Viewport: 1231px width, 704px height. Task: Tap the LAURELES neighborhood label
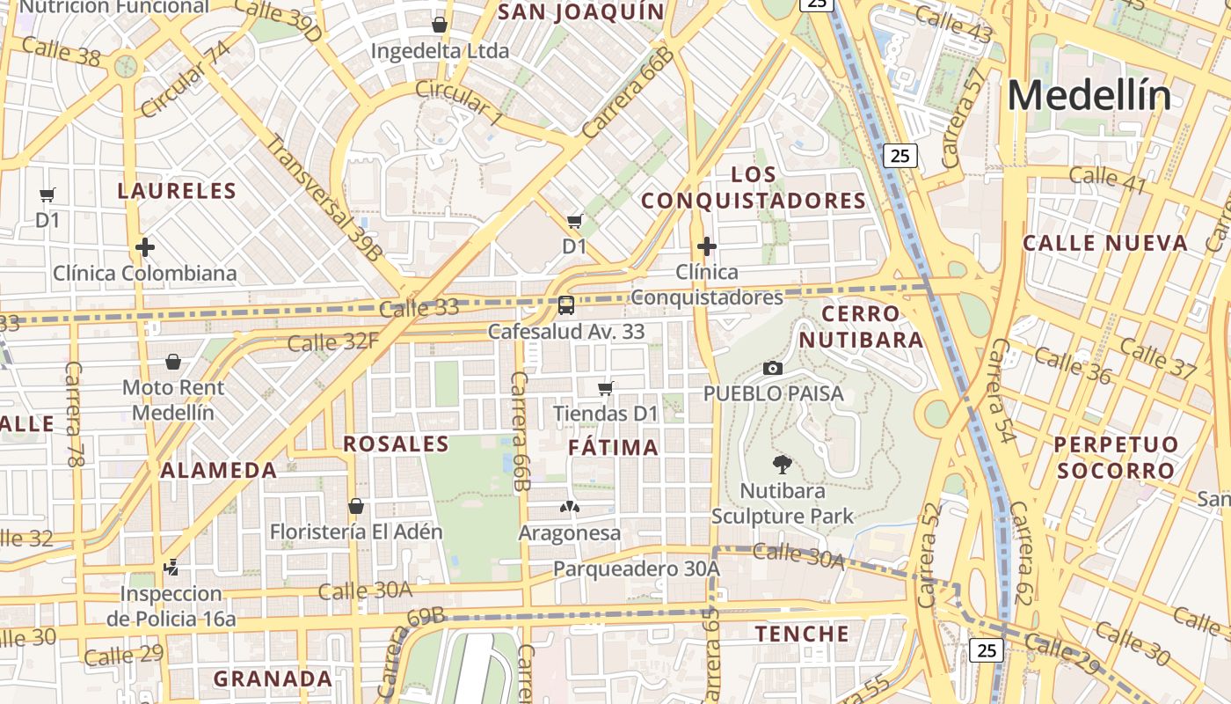[x=177, y=191]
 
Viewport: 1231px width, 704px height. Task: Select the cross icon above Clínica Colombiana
[x=145, y=247]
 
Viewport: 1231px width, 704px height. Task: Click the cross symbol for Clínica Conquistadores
[x=706, y=246]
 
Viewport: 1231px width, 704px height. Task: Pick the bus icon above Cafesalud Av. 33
[x=566, y=305]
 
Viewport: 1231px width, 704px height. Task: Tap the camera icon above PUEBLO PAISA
[x=773, y=368]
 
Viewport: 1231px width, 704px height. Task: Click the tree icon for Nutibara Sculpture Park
[x=781, y=464]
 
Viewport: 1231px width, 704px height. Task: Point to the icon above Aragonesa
[x=570, y=507]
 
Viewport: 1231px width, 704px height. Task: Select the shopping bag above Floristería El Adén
[x=356, y=506]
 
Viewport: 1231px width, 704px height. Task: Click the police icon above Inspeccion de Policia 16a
[x=171, y=568]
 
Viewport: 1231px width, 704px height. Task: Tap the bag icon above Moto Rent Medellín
[x=173, y=362]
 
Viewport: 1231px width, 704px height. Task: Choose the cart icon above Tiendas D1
[x=605, y=387]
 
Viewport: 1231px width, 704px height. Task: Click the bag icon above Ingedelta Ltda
[x=440, y=25]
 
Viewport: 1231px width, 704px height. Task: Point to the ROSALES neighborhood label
[x=396, y=444]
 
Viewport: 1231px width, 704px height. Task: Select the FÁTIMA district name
[x=613, y=447]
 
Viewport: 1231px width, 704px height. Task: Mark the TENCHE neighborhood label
[x=802, y=634]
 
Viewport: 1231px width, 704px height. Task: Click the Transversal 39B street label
[x=324, y=198]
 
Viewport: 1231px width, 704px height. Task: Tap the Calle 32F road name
[x=332, y=341]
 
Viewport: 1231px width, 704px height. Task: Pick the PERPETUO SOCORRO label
[x=1116, y=457]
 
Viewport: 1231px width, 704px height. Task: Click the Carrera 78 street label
[x=74, y=414]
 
